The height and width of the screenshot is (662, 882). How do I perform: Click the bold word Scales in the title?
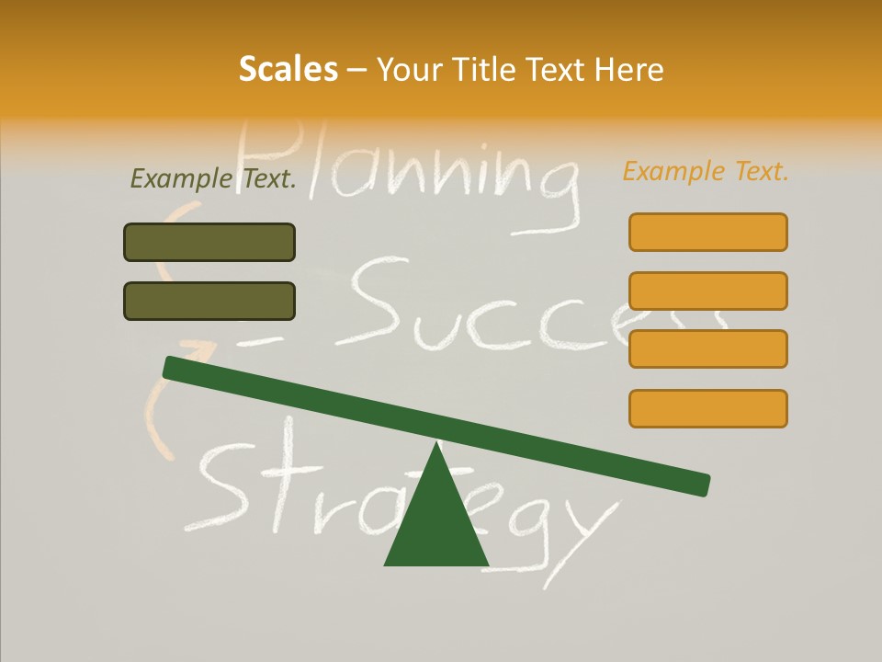pos(288,70)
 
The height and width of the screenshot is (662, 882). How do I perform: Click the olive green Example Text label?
pos(213,178)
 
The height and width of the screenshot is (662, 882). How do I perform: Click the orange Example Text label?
pos(706,171)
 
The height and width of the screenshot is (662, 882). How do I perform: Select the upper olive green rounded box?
pos(209,242)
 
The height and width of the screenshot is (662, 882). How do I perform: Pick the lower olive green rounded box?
pos(209,301)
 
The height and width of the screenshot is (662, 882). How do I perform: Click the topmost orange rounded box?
pos(707,232)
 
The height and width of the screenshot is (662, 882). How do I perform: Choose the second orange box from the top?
pos(707,291)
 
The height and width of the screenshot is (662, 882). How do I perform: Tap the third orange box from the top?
pos(707,348)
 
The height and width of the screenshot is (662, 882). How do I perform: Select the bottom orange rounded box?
pos(707,408)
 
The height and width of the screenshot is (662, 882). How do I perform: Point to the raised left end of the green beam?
pos(175,367)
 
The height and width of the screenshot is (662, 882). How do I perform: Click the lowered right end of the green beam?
pos(698,484)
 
